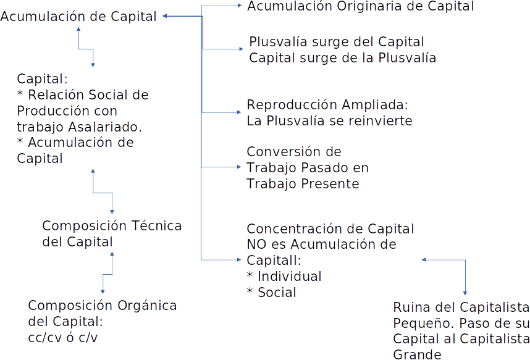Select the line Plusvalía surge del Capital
(336, 43)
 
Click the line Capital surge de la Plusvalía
(342, 58)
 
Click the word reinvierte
(380, 121)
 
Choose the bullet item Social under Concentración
(276, 292)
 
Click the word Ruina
(410, 308)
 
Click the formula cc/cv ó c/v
(62, 338)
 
